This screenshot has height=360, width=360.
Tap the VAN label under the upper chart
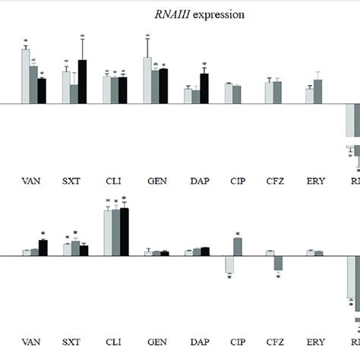[x=32, y=182]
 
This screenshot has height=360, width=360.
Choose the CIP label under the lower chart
[x=237, y=342]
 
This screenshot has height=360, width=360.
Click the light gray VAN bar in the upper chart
[x=25, y=76]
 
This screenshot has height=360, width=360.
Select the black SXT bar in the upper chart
[x=83, y=81]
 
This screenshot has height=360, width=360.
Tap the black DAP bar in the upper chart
[x=204, y=88]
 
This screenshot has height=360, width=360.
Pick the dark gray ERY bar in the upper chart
[x=318, y=91]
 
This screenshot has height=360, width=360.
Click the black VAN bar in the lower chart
[x=43, y=248]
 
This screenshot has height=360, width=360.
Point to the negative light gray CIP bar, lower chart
[x=229, y=264]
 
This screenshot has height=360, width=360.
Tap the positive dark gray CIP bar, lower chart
[x=238, y=247]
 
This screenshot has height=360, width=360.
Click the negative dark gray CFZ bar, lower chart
[x=278, y=263]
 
